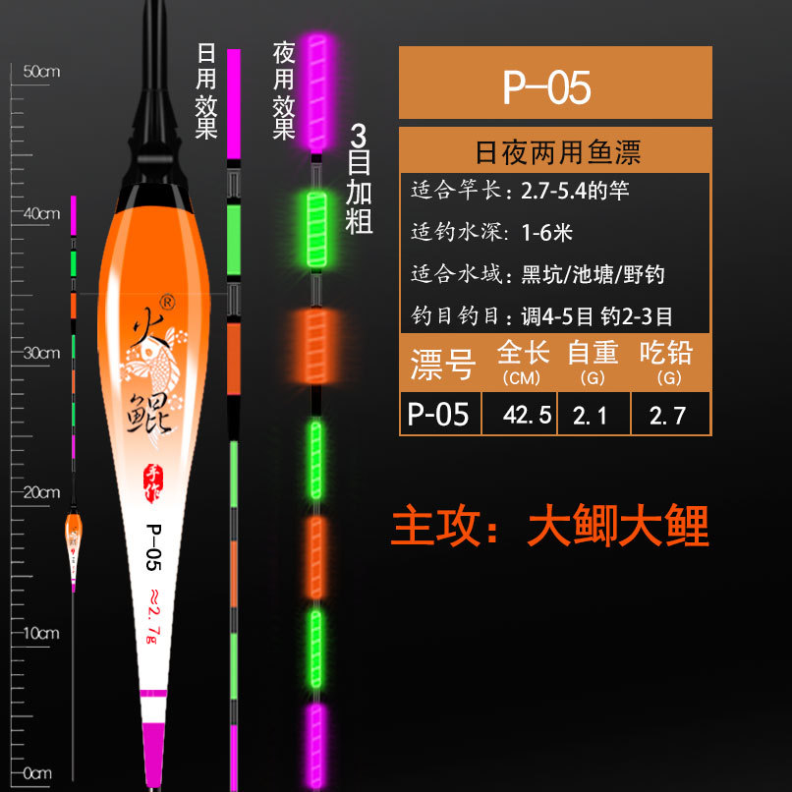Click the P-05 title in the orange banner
(x=546, y=87)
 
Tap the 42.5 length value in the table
(x=520, y=415)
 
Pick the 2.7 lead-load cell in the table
(x=668, y=415)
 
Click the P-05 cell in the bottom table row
(x=438, y=415)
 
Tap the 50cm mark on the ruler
(x=41, y=72)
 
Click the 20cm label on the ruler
(x=41, y=491)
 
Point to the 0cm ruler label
(x=37, y=773)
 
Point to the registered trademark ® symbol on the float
(x=167, y=301)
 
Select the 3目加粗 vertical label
(x=360, y=178)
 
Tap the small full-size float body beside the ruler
(x=73, y=546)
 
